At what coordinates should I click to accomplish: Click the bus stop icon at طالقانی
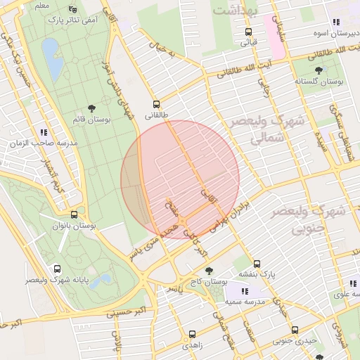coord(156,103)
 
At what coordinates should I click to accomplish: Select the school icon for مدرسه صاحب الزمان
coord(44,131)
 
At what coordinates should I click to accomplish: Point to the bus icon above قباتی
coord(247,32)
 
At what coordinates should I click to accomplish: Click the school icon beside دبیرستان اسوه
coord(336,22)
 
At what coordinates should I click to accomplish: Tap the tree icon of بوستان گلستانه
coord(319,70)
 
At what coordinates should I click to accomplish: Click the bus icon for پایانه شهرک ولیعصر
coord(57,268)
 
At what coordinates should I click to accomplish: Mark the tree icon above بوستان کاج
coord(208,269)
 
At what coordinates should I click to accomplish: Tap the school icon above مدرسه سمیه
coord(244,290)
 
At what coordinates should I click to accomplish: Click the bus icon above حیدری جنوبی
coord(295,330)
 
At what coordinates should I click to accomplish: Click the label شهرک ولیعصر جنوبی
coord(309,219)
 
